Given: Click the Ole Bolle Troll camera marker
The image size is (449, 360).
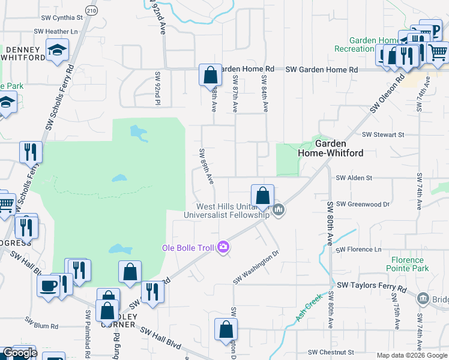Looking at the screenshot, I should pyautogui.click(x=223, y=247).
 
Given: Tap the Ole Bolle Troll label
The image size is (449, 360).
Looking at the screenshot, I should pyautogui.click(x=188, y=248).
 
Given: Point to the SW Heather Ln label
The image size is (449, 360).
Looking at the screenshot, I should pyautogui.click(x=56, y=31).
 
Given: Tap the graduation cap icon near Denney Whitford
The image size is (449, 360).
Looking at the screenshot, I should pyautogui.click(x=58, y=50).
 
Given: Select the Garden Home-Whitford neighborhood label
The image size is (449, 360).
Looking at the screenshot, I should pyautogui.click(x=330, y=148).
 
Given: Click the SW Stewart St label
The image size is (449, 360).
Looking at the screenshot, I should pyautogui.click(x=384, y=135).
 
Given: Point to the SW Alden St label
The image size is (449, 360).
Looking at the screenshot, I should pyautogui.click(x=354, y=178).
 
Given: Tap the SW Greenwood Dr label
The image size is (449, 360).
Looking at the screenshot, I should pyautogui.click(x=363, y=205).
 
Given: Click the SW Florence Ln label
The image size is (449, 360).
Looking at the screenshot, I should pyautogui.click(x=358, y=249).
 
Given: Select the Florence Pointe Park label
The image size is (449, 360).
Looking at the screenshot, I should pyautogui.click(x=410, y=264).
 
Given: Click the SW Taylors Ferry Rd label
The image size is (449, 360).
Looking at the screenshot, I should pyautogui.click(x=372, y=289).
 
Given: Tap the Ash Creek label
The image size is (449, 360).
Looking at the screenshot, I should pyautogui.click(x=310, y=307).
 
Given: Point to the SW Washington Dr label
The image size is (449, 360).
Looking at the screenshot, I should pyautogui.click(x=256, y=268).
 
